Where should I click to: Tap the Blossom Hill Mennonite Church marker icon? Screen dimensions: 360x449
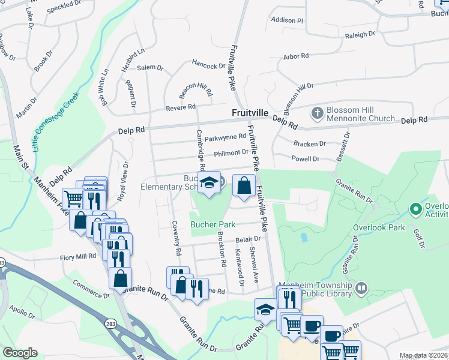[317, 112]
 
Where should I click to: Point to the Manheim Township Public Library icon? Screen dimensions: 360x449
[361, 289]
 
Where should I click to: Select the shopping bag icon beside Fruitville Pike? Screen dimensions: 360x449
[244, 187]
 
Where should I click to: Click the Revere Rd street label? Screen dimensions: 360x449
[181, 107]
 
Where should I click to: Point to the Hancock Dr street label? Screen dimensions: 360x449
[208, 64]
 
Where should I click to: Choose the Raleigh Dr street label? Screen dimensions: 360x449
[360, 35]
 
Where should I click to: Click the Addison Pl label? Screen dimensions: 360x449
[288, 20]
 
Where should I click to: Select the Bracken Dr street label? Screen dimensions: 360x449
[309, 143]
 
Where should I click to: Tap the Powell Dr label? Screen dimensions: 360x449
[305, 159]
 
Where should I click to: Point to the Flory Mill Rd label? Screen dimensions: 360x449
[77, 257]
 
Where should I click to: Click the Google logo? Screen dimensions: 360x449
[20, 352]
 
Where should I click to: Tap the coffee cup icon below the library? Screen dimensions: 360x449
[311, 326]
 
